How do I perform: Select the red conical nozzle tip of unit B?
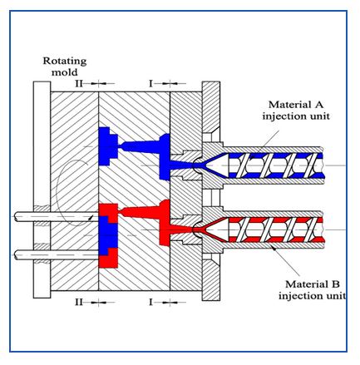click(208, 225)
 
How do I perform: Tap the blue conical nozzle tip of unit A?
click(208, 162)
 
